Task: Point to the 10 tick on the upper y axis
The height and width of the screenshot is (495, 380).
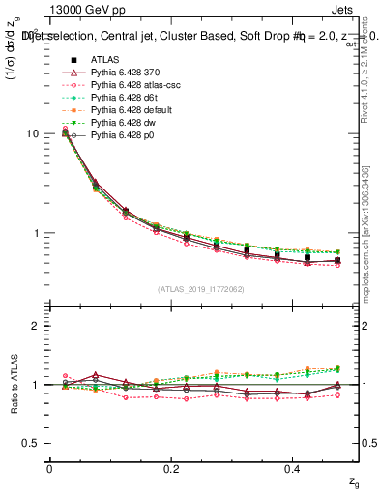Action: pyautogui.click(x=32, y=132)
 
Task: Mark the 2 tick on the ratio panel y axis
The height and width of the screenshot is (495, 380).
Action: pyautogui.click(x=35, y=326)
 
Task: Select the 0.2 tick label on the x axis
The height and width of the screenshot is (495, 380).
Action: pyautogui.click(x=171, y=469)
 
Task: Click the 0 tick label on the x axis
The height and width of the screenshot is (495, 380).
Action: pyautogui.click(x=49, y=469)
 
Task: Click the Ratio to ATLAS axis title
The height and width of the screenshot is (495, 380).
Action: pyautogui.click(x=13, y=385)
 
